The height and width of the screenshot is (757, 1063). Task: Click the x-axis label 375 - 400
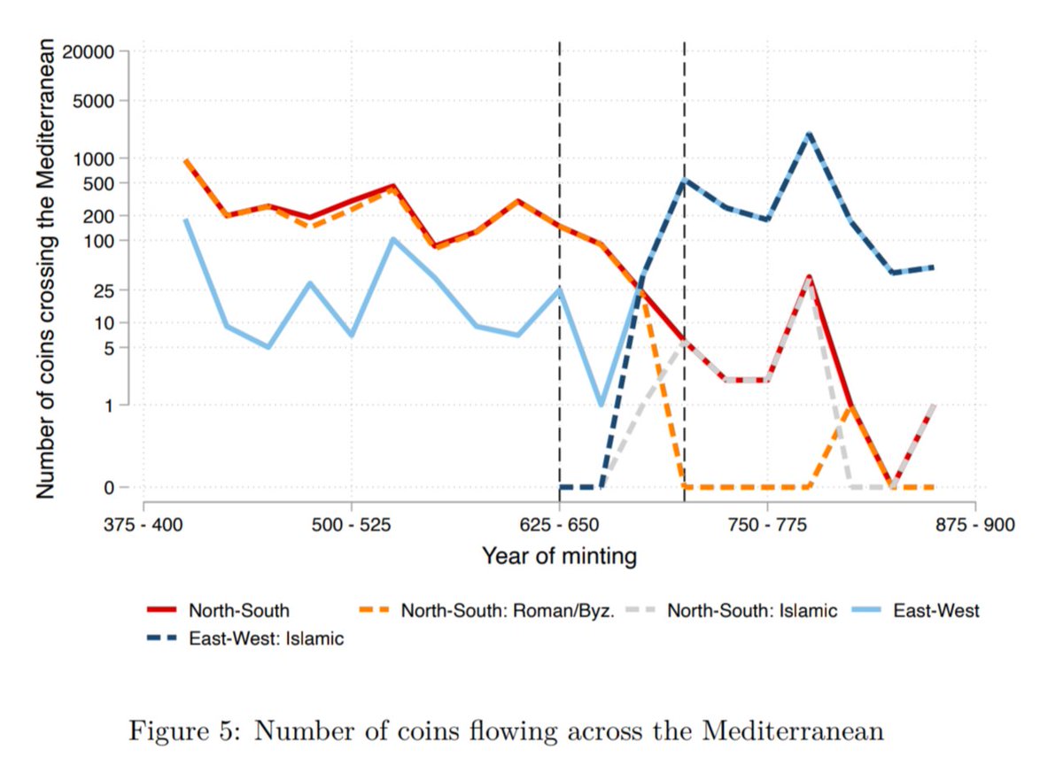144,524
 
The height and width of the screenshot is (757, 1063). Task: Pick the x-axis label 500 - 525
352,524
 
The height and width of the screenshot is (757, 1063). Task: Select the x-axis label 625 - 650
559,524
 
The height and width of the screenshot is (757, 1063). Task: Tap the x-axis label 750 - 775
767,524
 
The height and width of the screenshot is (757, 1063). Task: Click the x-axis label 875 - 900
974,524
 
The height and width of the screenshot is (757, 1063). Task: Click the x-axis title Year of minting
559,557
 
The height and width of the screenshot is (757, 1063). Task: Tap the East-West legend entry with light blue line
935,610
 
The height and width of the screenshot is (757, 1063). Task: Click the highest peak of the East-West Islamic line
809,134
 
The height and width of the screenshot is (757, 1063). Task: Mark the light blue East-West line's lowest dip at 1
601,405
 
